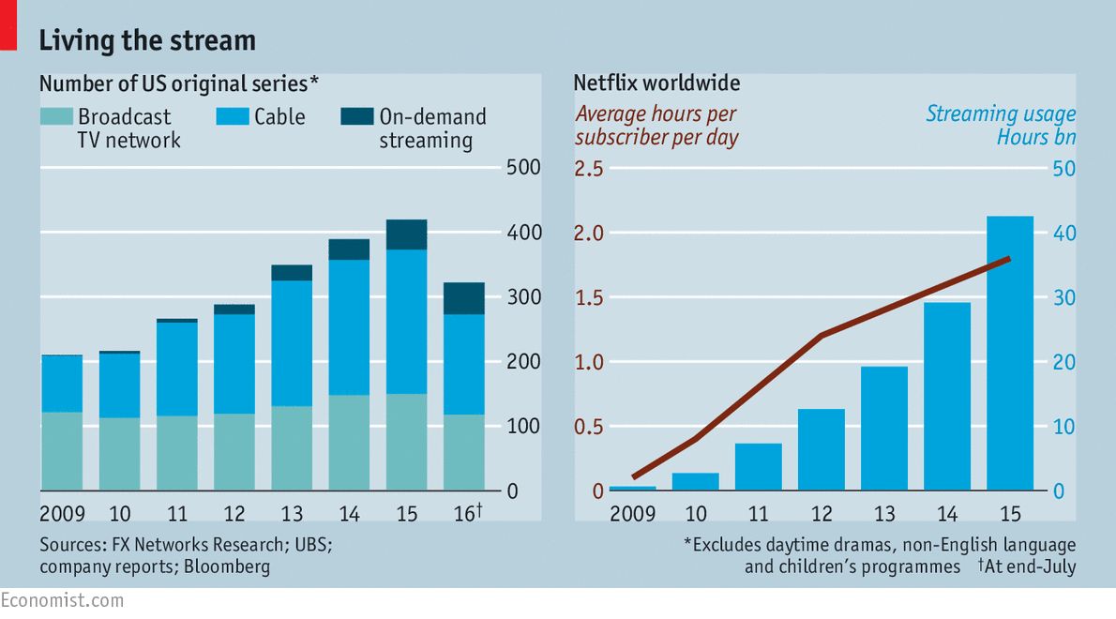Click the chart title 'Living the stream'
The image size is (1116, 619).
click(x=146, y=41)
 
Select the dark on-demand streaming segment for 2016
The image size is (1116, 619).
click(x=463, y=298)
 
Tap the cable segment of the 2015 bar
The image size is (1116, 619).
click(x=406, y=321)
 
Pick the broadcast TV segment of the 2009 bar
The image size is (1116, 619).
click(x=62, y=450)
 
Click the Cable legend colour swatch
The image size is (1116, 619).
click(x=233, y=116)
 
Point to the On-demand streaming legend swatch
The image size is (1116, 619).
click(x=355, y=116)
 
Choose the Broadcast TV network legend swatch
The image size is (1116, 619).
click(x=55, y=116)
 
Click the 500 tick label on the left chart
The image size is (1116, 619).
click(x=524, y=169)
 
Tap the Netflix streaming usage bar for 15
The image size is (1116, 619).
click(x=1009, y=353)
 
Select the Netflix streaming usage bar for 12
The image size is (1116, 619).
click(x=822, y=449)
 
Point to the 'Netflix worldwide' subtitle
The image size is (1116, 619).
click(x=656, y=83)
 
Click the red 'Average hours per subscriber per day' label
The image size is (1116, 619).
click(x=656, y=126)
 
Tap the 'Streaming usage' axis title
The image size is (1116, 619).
click(x=1001, y=114)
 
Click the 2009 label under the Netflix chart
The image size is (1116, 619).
click(x=633, y=514)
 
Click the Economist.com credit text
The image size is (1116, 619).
click(x=62, y=600)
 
